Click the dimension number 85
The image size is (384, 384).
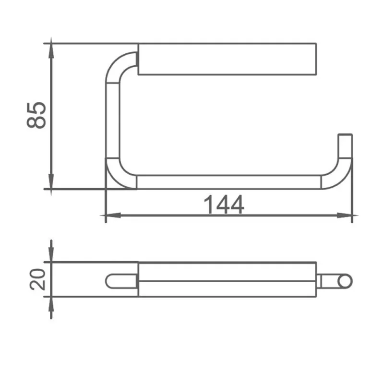pyautogui.click(x=36, y=115)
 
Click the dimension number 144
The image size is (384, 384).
pyautogui.click(x=224, y=204)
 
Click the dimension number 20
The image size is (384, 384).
pyautogui.click(x=37, y=279)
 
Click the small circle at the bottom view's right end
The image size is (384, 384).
pyautogui.click(x=345, y=281)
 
